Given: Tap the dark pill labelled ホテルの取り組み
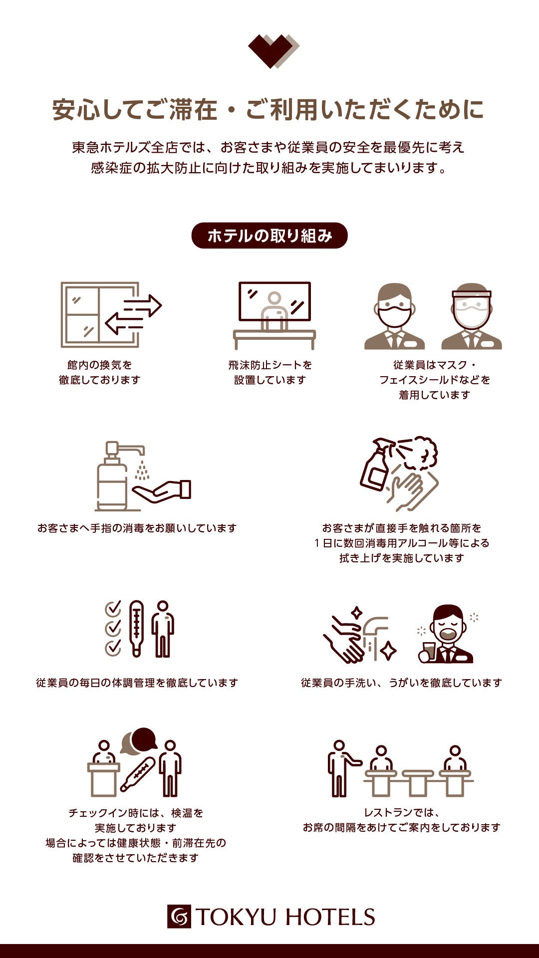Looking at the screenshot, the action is [x=269, y=236].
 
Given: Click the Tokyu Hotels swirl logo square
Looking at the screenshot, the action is [x=179, y=917].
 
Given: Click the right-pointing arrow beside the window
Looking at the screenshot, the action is [x=143, y=306].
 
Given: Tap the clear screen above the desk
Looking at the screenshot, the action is [x=274, y=301].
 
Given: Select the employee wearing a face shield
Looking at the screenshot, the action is [x=472, y=316].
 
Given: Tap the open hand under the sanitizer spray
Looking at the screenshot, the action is [x=161, y=491].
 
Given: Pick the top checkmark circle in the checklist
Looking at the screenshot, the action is [x=113, y=609].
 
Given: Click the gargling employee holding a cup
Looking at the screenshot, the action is [x=446, y=634].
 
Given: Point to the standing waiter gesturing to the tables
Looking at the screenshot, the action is [x=341, y=768].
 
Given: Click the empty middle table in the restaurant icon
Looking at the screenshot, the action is [x=418, y=782].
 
